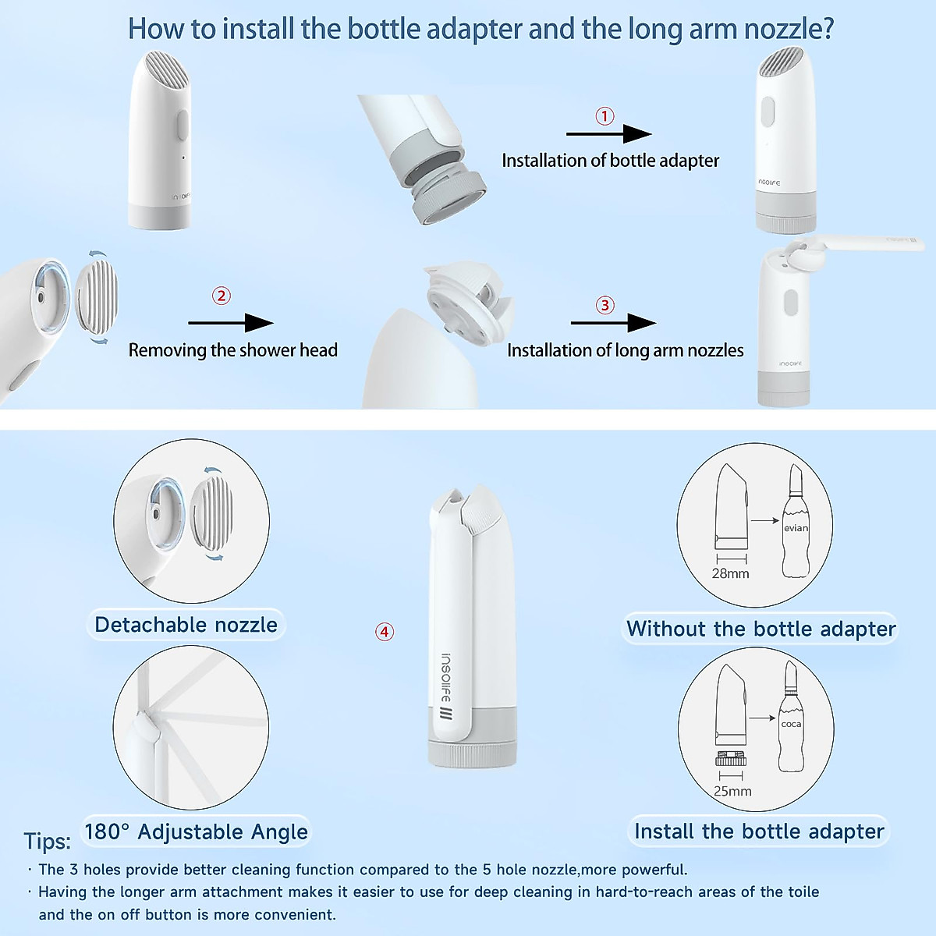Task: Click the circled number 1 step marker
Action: tap(604, 116)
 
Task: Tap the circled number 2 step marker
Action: tap(222, 296)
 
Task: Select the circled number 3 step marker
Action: tap(605, 305)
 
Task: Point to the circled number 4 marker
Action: tap(385, 632)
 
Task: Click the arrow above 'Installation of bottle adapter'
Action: tap(609, 134)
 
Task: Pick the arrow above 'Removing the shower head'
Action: tap(231, 323)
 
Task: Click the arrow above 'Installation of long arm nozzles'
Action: tap(613, 323)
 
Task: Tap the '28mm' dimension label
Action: tap(730, 573)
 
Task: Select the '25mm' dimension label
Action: tap(732, 791)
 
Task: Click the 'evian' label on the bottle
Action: tap(796, 528)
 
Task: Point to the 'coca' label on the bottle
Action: tap(791, 724)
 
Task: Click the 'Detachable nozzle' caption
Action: tap(186, 625)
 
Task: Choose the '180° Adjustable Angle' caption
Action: tap(196, 831)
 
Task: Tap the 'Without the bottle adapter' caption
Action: tap(760, 629)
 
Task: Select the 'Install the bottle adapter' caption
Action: tap(759, 831)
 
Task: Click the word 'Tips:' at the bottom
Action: tap(47, 842)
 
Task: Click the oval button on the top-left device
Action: tap(182, 126)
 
